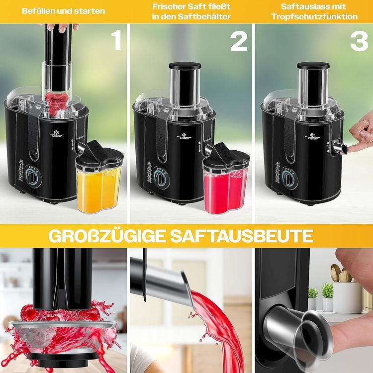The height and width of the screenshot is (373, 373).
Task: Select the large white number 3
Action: point(359,41)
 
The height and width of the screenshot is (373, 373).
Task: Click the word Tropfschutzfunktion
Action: point(314,16)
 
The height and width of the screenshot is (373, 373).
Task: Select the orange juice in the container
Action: point(98,191)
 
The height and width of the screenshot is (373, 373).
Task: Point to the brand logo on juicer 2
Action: point(184,135)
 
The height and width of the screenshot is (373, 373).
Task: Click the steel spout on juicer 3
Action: point(339,148)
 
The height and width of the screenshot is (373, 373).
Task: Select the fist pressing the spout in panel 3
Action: point(361,136)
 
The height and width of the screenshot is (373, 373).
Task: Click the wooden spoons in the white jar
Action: point(342,274)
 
